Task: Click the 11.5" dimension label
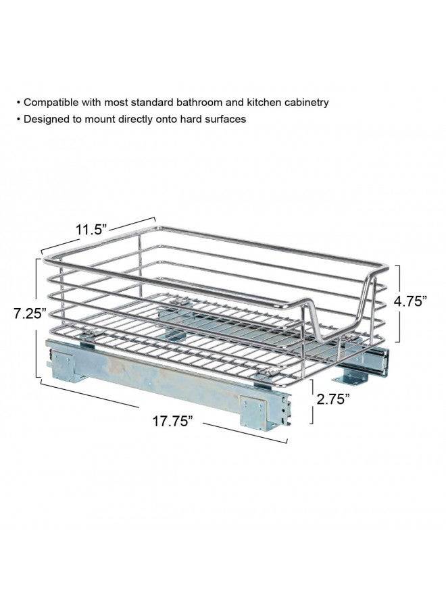[x=91, y=230]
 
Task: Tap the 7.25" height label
[x=30, y=313]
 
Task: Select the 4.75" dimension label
[x=411, y=301]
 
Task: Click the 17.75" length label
[x=172, y=421]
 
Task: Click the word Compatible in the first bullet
[x=51, y=103]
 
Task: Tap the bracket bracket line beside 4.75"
[x=398, y=304]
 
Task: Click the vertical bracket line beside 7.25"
[x=37, y=318]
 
